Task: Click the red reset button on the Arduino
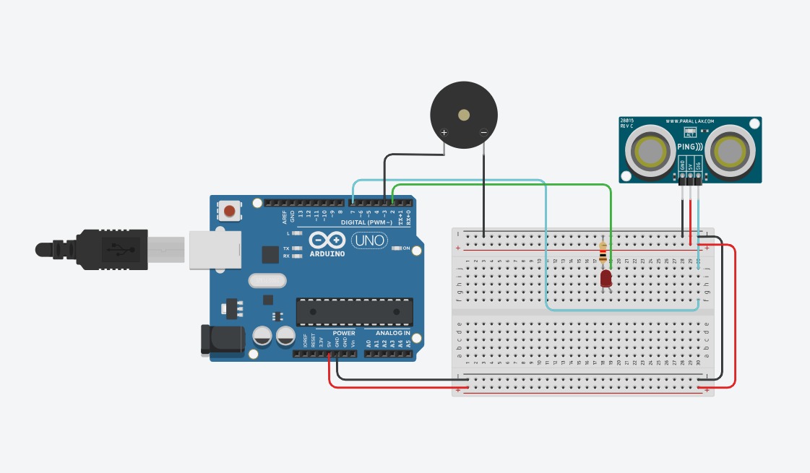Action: [x=229, y=211]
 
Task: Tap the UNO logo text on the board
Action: [x=369, y=240]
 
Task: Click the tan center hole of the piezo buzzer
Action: [x=464, y=115]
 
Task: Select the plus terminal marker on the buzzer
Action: [x=444, y=132]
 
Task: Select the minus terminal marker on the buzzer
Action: [x=483, y=132]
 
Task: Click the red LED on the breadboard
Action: [x=606, y=278]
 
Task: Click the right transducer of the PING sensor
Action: [x=730, y=151]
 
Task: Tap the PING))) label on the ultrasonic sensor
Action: [x=690, y=147]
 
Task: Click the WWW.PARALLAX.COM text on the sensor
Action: [x=689, y=121]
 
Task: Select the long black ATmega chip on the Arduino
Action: [x=354, y=311]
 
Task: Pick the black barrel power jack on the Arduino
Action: [x=222, y=339]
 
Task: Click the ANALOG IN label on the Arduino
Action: [x=392, y=333]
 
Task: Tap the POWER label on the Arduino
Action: [x=344, y=333]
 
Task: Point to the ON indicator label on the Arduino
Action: [x=406, y=248]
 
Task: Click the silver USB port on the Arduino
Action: [x=214, y=250]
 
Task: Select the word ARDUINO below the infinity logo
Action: [x=327, y=254]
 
